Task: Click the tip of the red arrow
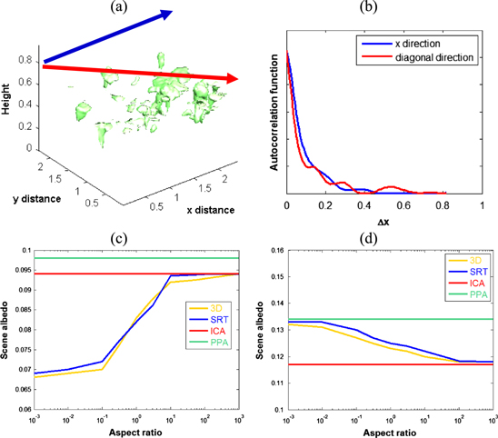(x=239, y=80)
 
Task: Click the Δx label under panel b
(x=383, y=222)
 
